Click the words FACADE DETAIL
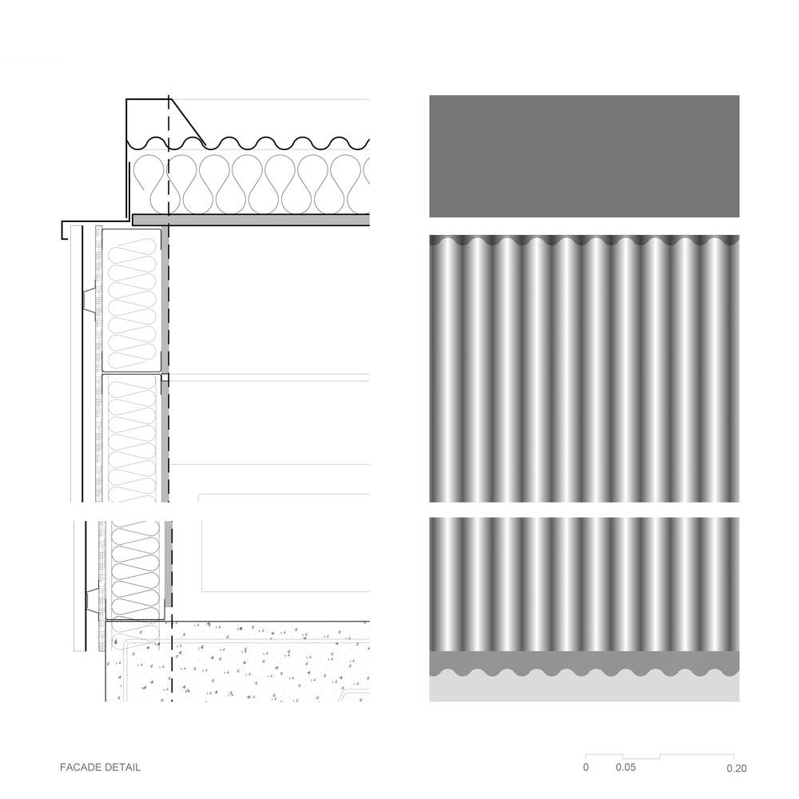click(100, 767)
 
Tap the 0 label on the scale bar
click(586, 767)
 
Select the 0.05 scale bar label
click(626, 767)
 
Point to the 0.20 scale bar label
click(737, 768)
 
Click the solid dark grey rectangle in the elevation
click(584, 156)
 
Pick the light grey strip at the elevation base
click(584, 688)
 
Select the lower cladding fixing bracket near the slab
click(92, 602)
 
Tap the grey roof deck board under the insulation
click(251, 220)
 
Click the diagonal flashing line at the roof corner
click(187, 122)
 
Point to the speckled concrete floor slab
click(237, 662)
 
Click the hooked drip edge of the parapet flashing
click(62, 230)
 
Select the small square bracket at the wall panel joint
click(165, 378)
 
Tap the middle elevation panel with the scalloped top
click(584, 368)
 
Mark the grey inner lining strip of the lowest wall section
click(168, 564)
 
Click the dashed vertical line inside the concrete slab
click(172, 662)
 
